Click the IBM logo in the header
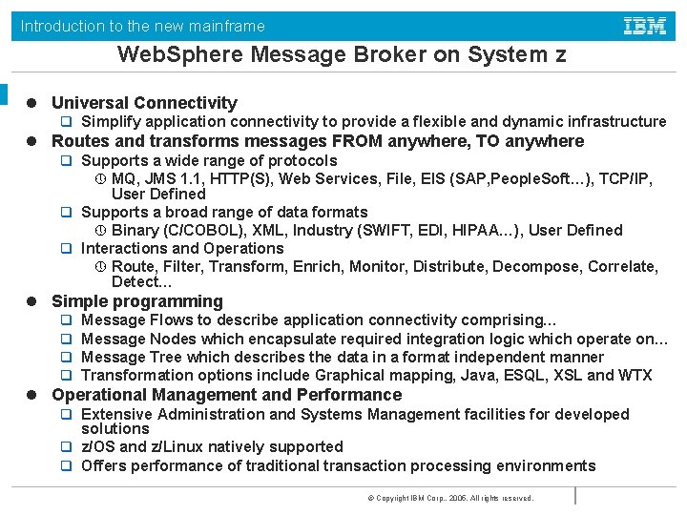645,26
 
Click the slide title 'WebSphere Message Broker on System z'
342,55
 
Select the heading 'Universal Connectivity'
144,103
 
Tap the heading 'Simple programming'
137,302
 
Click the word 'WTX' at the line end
635,376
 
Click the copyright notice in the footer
449,498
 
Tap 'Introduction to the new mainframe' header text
143,27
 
